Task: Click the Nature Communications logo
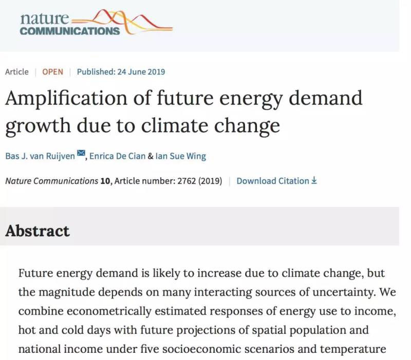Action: coord(95,23)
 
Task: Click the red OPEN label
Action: coord(52,72)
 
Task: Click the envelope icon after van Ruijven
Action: coord(81,154)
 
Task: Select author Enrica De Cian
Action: coord(117,156)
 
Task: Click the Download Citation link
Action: coord(273,181)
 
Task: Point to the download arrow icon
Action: coord(314,181)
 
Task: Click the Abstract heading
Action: coord(38,231)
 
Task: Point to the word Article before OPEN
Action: coord(17,72)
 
